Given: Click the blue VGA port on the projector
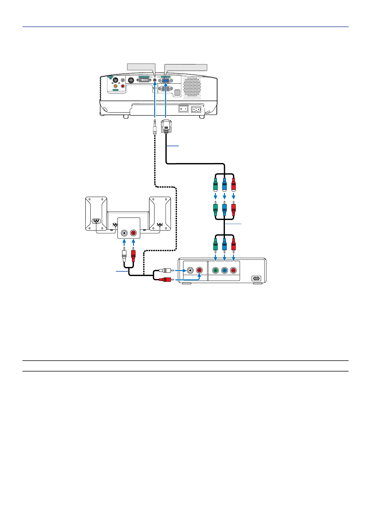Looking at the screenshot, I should (x=166, y=80).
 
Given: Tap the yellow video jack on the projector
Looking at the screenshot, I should (x=116, y=86).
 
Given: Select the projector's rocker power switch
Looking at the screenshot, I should (x=183, y=109).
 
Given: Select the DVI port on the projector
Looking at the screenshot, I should (x=144, y=80).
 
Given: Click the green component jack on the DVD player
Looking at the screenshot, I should (x=215, y=270).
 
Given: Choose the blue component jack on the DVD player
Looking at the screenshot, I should (x=224, y=270).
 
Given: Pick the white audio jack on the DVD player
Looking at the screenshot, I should (x=190, y=270).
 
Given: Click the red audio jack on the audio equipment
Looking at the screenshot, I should (x=133, y=233).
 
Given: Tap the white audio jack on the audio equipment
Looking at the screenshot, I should (x=124, y=233).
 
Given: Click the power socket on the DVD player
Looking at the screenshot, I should (x=256, y=278).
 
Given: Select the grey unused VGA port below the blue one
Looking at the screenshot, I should (x=166, y=88).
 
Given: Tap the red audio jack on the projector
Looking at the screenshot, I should (x=123, y=86).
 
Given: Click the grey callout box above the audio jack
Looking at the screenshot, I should (x=141, y=67).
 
